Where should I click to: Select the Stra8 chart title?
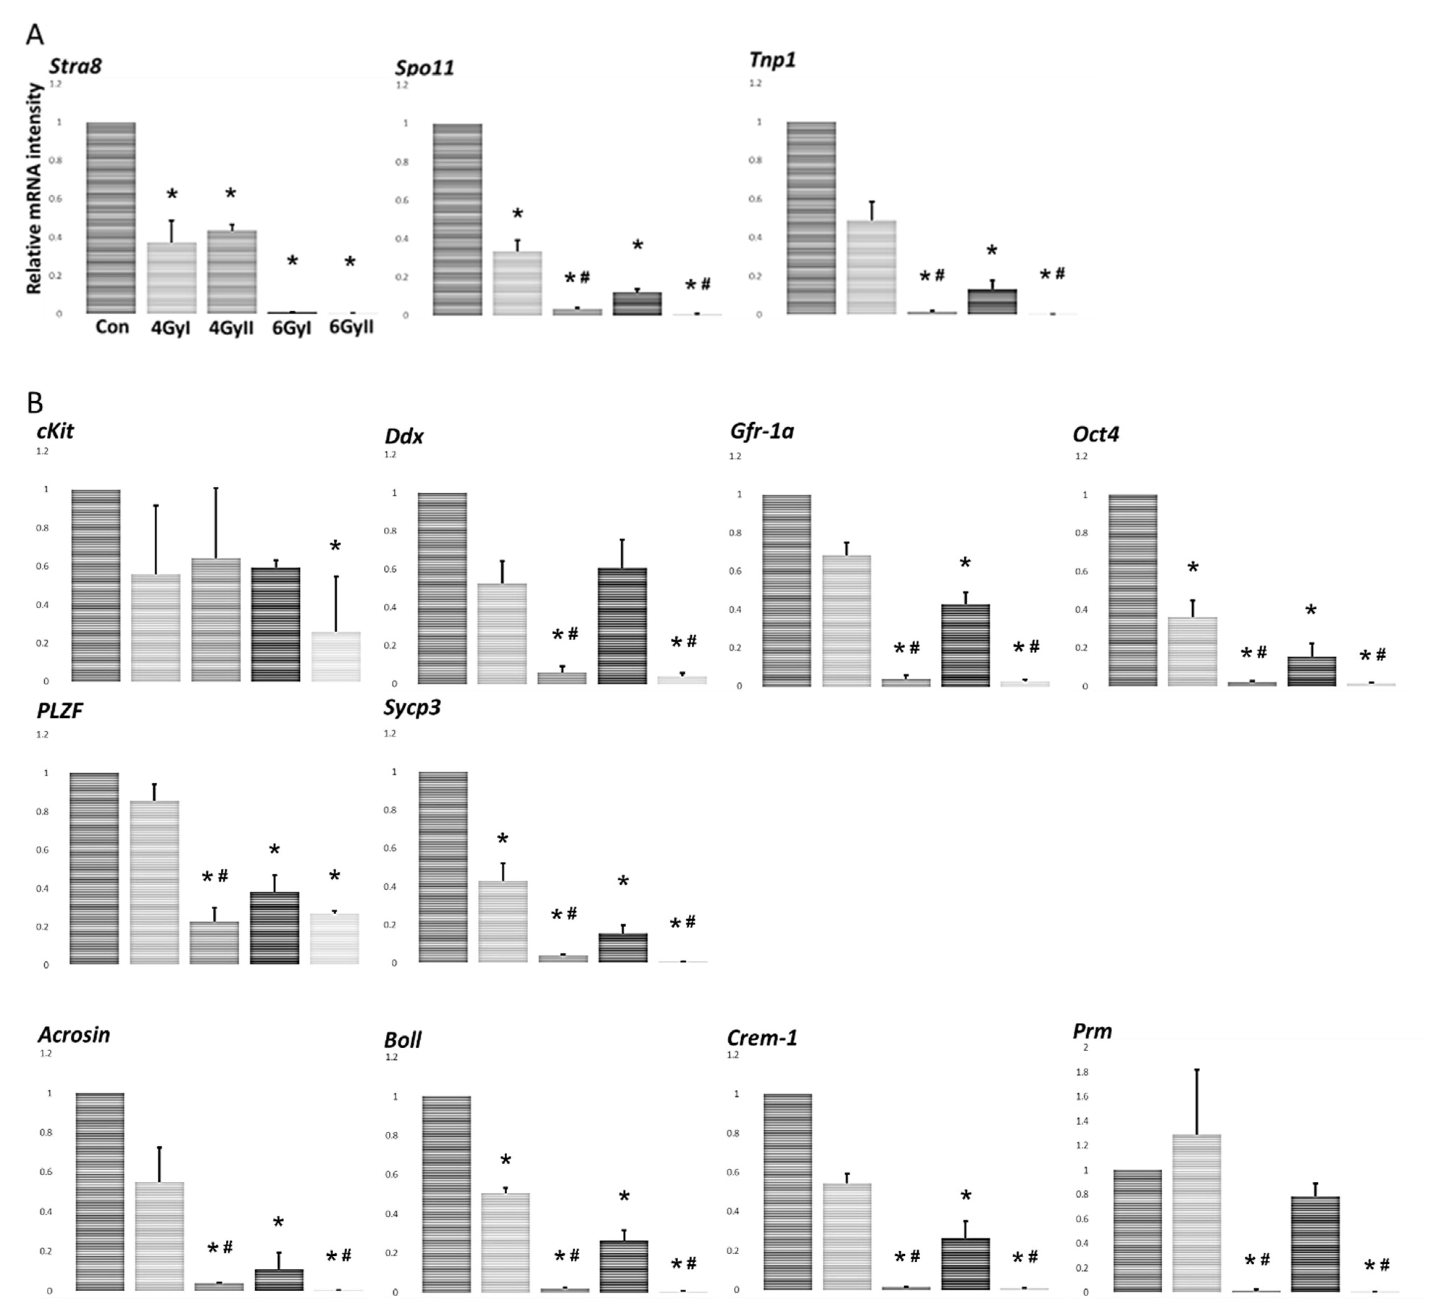75,66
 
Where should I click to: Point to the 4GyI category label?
171,328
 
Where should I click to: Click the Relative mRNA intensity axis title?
34,189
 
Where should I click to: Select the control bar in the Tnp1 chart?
811,218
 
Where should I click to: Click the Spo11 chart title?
424,68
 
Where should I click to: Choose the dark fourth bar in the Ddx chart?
622,626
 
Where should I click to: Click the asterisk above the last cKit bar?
335,546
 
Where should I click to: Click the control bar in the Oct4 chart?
1133,590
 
